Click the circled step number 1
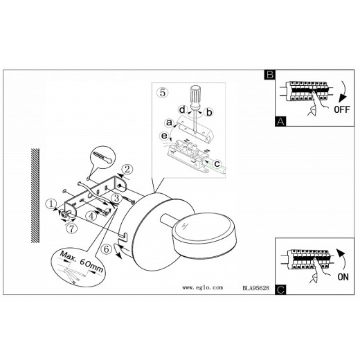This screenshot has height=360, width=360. pos(51,204)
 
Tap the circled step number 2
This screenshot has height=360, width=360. pos(127,170)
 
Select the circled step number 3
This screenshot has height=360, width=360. pos(116,198)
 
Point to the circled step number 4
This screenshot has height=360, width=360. pos(91,216)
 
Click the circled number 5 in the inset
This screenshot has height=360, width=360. pos(163,93)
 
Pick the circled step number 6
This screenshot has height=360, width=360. pos(107,249)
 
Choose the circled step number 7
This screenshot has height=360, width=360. pos(72,228)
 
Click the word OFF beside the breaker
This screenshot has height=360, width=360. pos(342,109)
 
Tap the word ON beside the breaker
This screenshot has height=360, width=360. pos(343,277)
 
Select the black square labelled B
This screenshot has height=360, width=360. pos(269,75)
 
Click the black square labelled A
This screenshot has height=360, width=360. pos(280,121)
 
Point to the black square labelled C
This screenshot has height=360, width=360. pos(280,289)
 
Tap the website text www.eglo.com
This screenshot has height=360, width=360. pos(203,287)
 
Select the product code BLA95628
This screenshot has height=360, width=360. pos(255,288)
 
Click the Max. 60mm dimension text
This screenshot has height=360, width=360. pos(81,261)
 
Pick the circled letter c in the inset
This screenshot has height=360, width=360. pos(217,163)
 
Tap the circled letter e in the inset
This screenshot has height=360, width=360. pos(164,136)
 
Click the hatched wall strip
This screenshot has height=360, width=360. pos(35,196)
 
